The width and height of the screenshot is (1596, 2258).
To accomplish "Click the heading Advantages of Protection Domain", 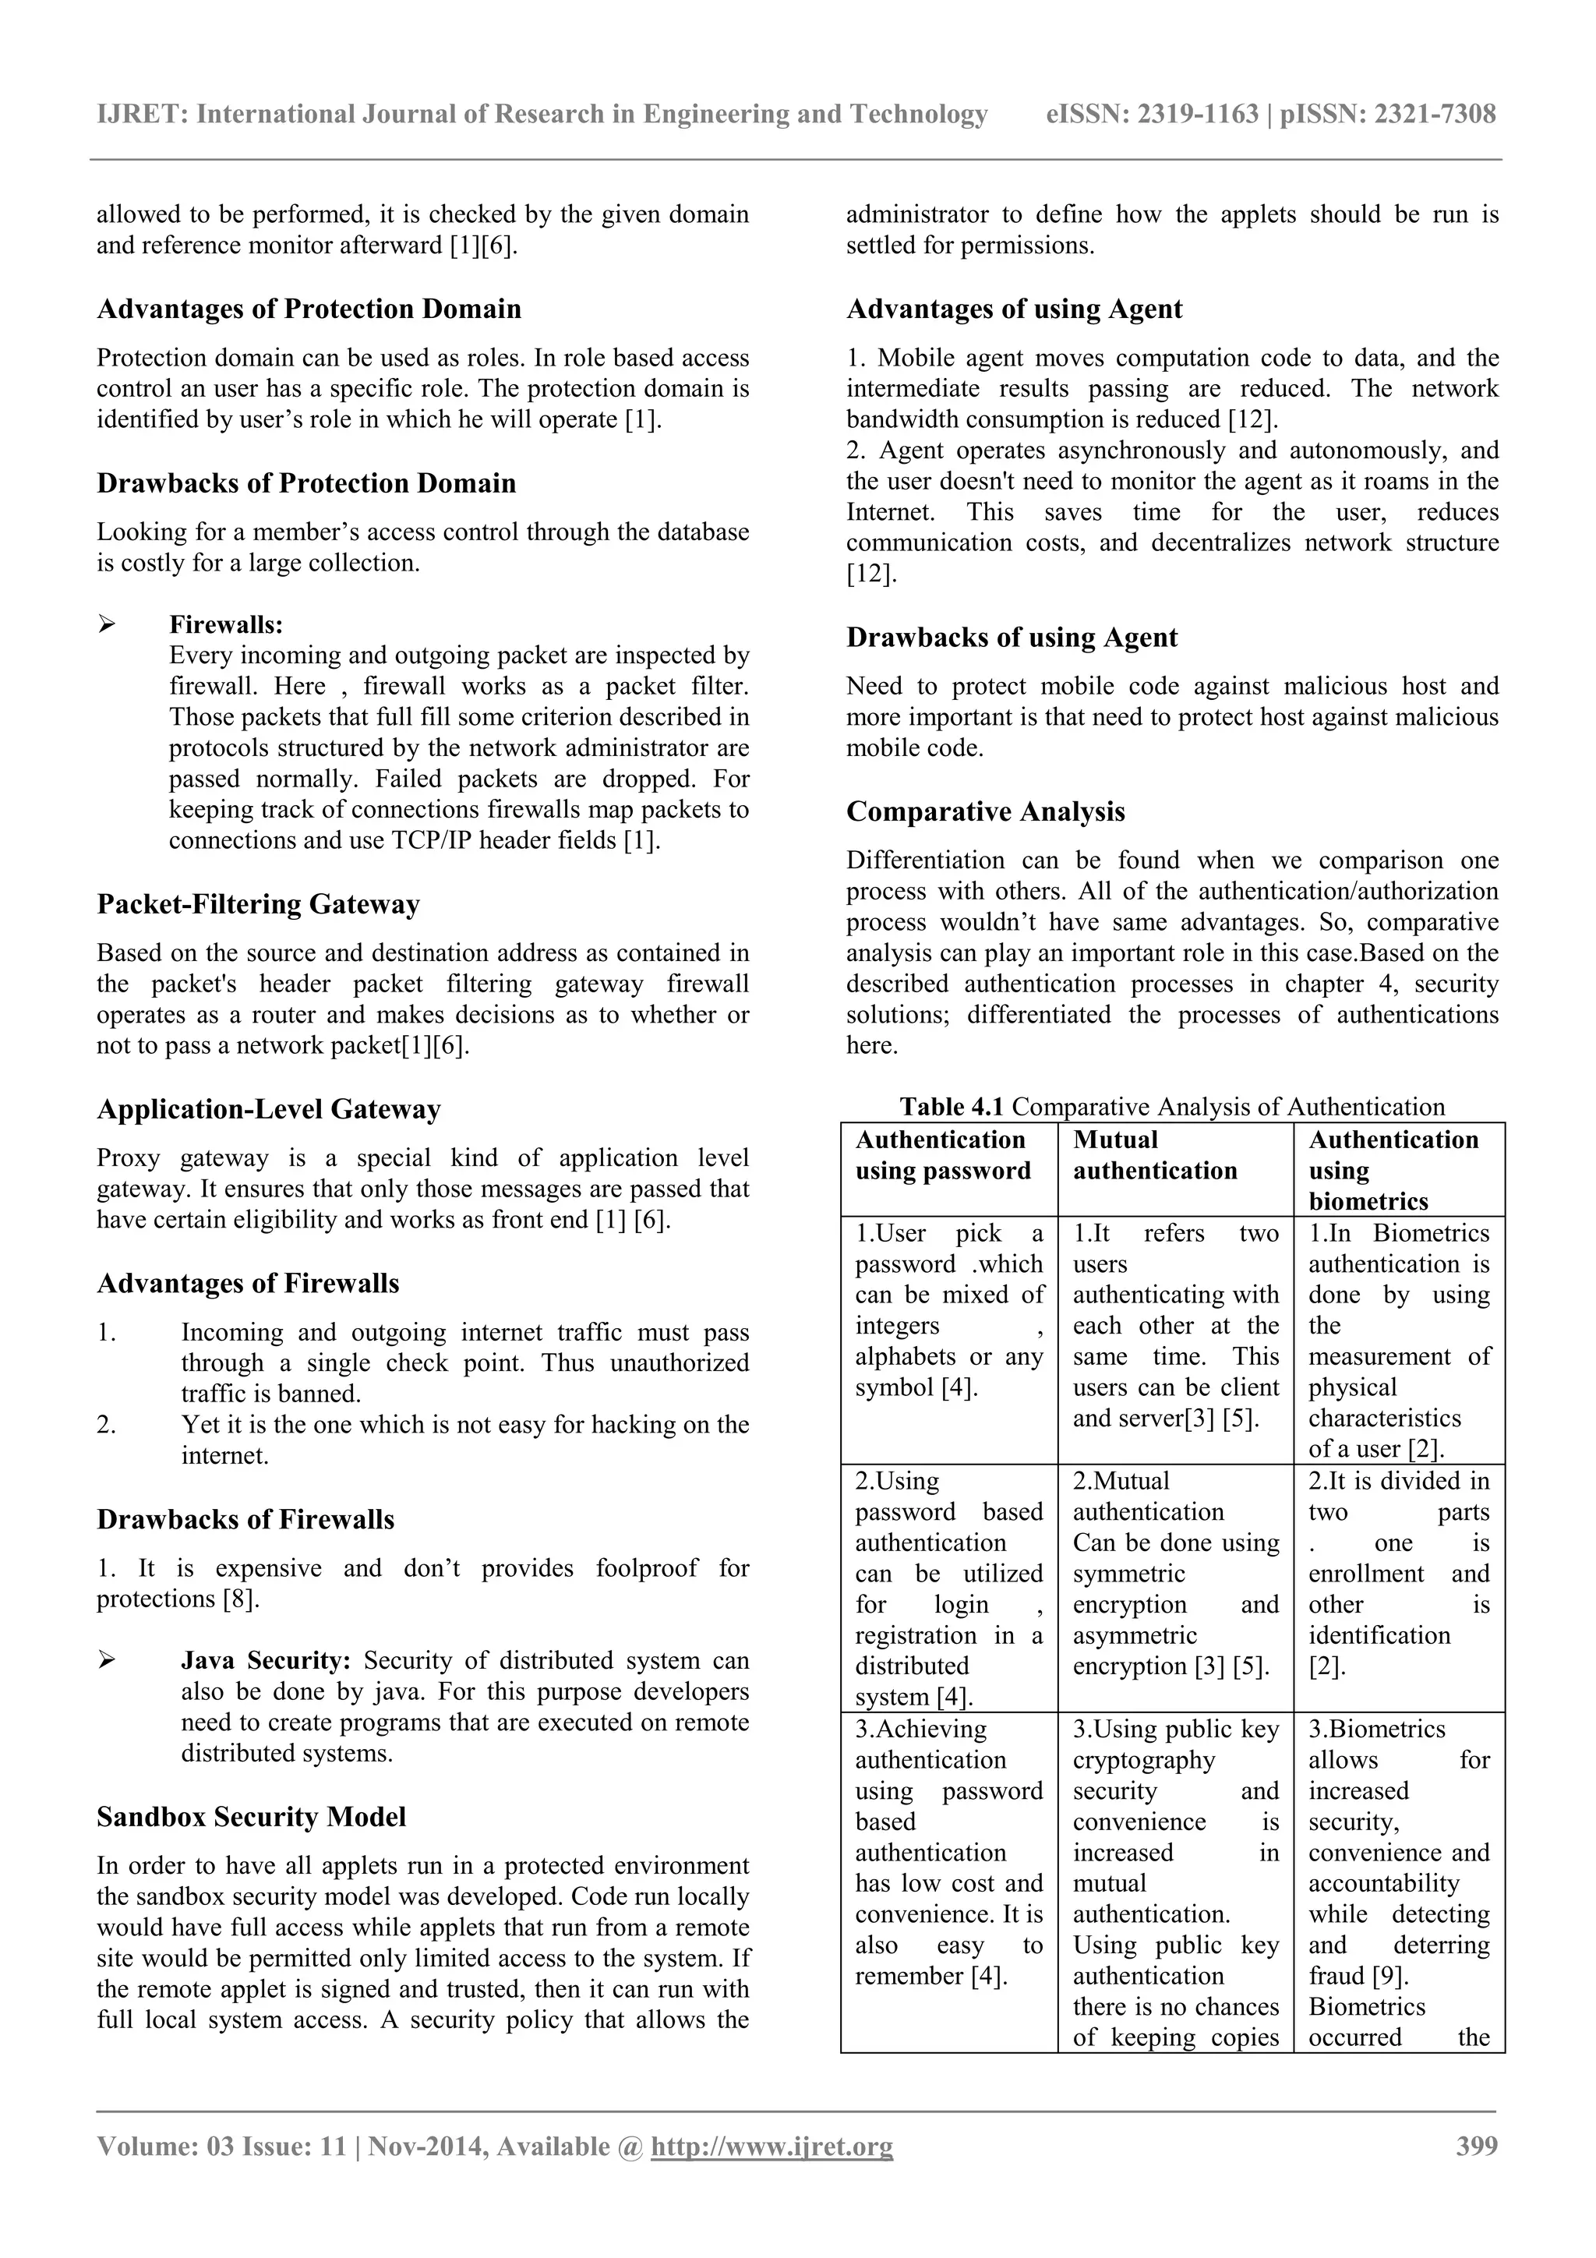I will (309, 309).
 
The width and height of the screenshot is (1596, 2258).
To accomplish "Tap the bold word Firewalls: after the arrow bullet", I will (226, 624).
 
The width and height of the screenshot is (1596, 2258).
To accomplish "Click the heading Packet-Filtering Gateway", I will (258, 905).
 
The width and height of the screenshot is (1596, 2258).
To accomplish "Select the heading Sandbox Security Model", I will (251, 1818).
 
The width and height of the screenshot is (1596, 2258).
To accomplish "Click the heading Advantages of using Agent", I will (1014, 309).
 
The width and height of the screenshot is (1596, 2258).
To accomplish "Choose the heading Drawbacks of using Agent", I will (1011, 638).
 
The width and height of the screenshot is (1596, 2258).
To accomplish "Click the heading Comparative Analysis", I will (985, 812).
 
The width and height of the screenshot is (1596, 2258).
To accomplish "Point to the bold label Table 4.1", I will (951, 1108).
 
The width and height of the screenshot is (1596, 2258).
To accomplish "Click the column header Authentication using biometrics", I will (1393, 1170).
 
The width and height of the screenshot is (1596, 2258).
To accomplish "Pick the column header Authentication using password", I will (942, 1156).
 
